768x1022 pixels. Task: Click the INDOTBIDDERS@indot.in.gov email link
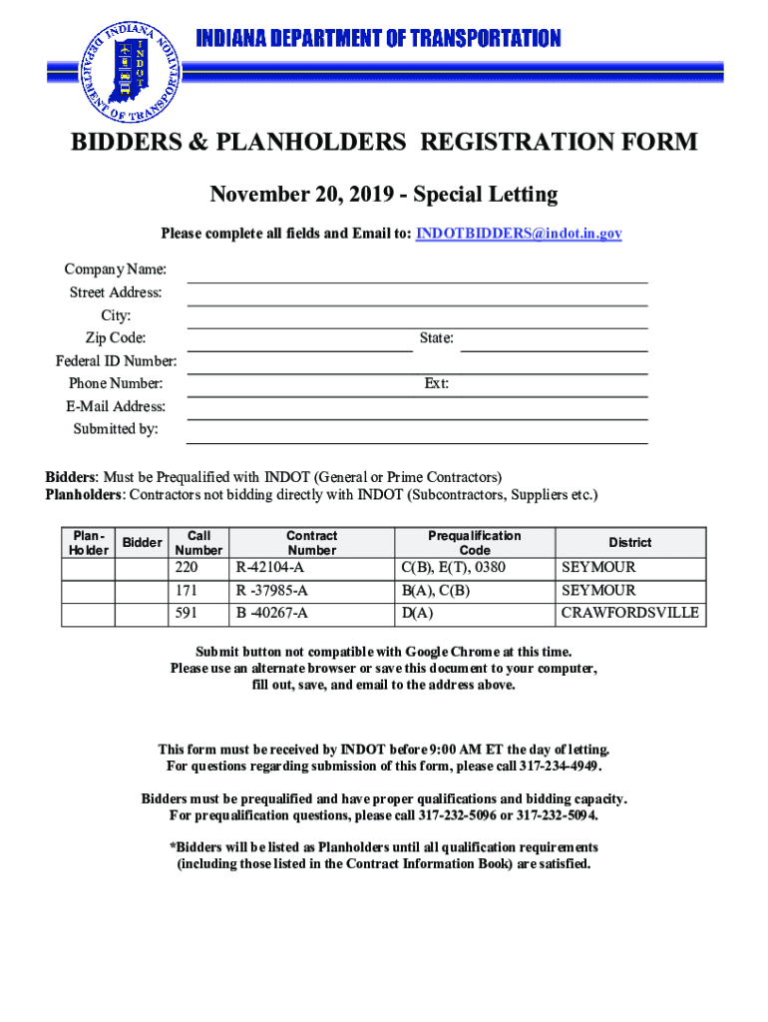519,234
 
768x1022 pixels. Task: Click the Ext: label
436,384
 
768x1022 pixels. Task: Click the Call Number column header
198,543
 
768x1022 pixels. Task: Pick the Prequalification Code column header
474,543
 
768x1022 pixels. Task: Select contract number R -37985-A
271,591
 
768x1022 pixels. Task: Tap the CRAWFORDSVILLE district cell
630,613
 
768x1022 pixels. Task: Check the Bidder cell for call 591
142,614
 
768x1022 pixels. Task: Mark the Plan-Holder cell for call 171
89,591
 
